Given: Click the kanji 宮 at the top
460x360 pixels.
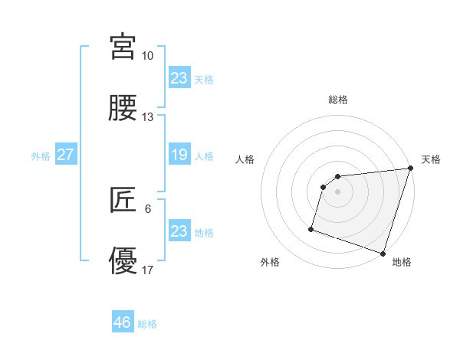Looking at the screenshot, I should pos(123,47).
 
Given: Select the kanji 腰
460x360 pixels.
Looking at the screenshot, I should pos(123,108).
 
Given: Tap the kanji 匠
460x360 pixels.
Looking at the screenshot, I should pos(123,200).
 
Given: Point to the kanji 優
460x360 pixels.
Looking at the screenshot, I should pos(123,261).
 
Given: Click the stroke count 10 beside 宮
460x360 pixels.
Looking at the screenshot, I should pos(148,56).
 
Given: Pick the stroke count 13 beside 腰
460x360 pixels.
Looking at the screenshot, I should pos(148,117).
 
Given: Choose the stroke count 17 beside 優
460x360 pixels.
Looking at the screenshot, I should pos(148,270).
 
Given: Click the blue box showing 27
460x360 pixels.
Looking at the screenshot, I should pos(66,155).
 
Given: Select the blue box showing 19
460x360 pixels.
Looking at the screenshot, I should pos(179,155).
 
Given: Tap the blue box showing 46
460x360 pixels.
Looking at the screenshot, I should pos(123,322).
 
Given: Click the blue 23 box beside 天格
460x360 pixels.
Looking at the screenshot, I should pos(179,77).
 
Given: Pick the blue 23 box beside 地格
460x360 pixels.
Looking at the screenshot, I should pos(179,231).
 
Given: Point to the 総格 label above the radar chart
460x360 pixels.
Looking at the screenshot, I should pos(338,100).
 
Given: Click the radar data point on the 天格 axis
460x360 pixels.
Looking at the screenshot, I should pos(410,169).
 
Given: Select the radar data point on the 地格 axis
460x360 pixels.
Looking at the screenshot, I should pos(383,253).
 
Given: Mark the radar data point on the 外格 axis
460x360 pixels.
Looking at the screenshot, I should pos(311,228).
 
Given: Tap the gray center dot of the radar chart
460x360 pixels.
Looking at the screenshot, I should pos(338,191).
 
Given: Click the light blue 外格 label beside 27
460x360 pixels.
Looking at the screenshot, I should pos(41,155).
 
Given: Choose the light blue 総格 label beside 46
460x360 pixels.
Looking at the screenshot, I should pos(147,324).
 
